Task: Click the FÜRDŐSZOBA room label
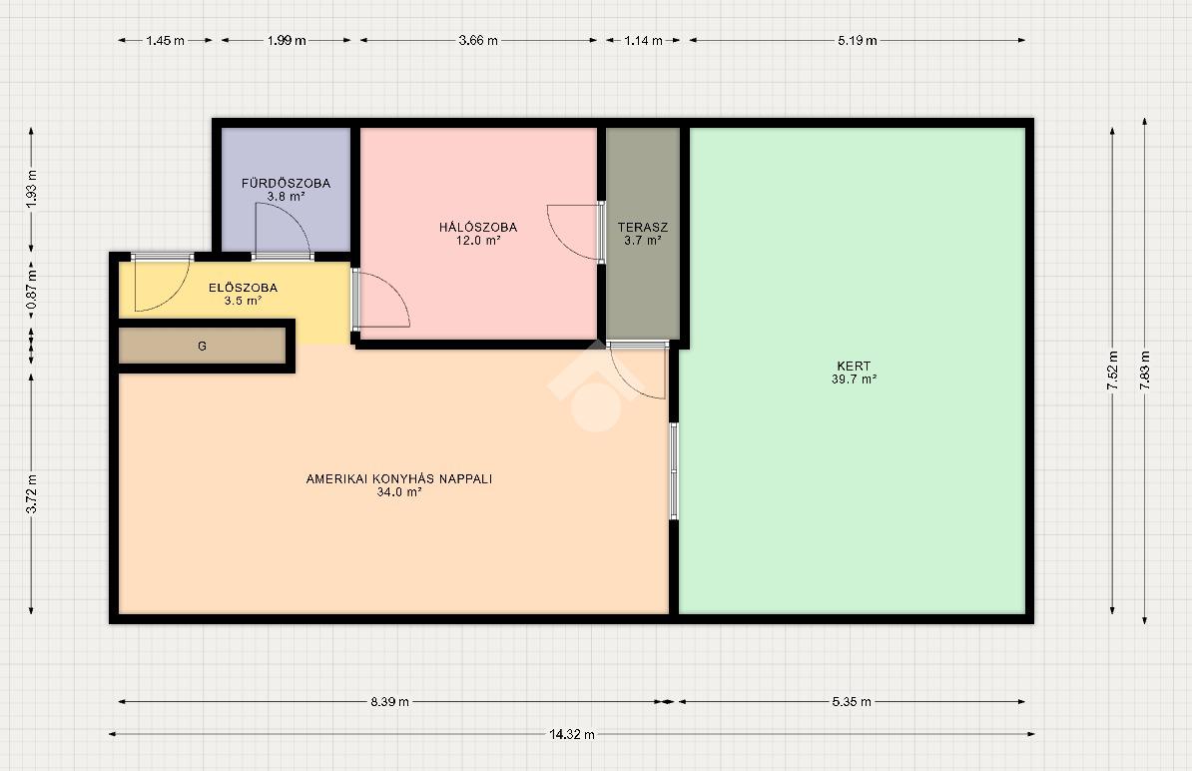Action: click(x=286, y=183)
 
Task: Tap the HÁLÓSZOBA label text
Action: click(x=478, y=228)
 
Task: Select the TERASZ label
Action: click(x=642, y=228)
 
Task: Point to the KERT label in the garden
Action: click(x=854, y=366)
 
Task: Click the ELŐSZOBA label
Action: click(x=244, y=288)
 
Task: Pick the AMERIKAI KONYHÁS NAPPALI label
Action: click(x=399, y=479)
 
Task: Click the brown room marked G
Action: click(x=203, y=346)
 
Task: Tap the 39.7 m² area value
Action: click(x=854, y=379)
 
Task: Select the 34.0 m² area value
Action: click(x=399, y=492)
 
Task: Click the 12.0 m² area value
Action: click(x=478, y=241)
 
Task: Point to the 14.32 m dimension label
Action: click(x=572, y=734)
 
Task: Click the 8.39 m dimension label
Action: click(x=390, y=702)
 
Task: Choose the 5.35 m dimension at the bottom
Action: click(x=852, y=702)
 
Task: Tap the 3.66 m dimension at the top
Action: click(x=478, y=40)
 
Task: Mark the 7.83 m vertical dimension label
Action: click(x=1145, y=372)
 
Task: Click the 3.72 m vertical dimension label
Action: click(x=31, y=494)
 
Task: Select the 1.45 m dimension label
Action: click(x=166, y=40)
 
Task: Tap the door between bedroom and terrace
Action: click(x=575, y=232)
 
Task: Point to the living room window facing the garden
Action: click(x=674, y=471)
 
